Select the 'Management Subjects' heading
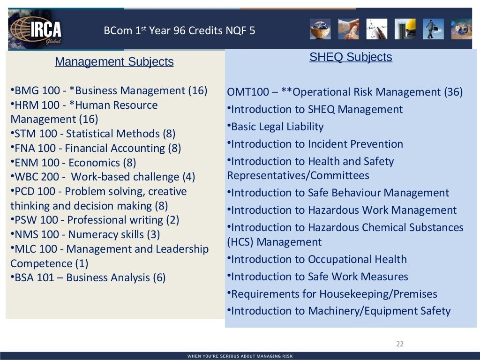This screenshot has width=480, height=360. pos(114,62)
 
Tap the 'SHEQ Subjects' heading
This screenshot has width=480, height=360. pos(351,57)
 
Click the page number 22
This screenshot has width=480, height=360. pos(399,344)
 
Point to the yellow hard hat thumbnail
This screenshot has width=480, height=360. pos(405,29)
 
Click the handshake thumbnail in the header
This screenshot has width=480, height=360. pos(349,29)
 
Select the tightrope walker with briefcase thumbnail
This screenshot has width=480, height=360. pos(433,29)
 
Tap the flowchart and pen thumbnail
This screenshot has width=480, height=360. pos(377,29)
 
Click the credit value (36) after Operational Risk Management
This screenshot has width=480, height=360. pos(453,92)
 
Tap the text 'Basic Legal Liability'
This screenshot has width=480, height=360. pos(277,127)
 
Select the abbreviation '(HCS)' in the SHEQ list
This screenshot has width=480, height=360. pos(240,242)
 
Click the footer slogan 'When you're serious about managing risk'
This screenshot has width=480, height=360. pos(240,356)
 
